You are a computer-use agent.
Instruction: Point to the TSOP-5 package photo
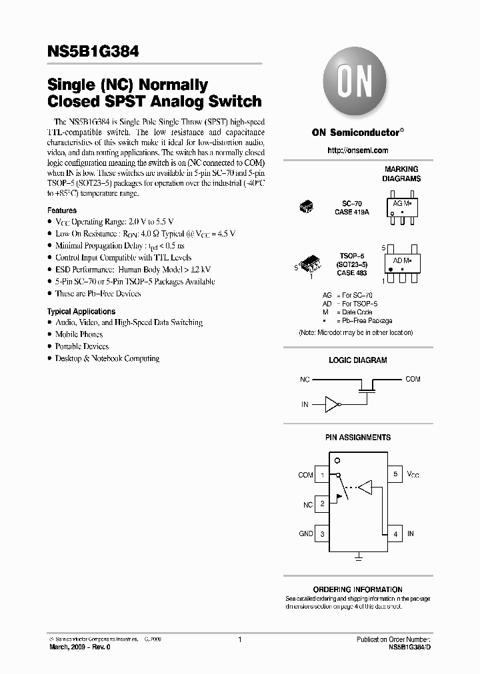313,264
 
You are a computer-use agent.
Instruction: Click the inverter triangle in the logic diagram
331,404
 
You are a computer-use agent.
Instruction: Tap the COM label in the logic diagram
413,379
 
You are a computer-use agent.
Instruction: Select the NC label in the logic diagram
305,379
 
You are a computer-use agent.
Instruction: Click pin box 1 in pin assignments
323,475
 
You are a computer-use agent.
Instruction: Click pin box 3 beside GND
323,533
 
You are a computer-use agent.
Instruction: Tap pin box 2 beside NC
323,504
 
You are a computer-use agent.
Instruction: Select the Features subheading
61,210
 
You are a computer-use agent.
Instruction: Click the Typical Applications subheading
81,311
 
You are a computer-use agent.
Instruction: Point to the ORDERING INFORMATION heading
357,589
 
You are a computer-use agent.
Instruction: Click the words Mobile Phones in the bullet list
79,334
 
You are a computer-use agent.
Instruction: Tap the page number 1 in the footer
239,639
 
